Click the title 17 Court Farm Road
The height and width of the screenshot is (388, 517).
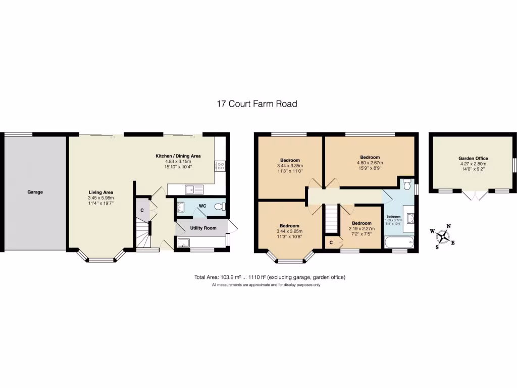[257, 104]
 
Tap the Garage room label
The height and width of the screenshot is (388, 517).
[35, 192]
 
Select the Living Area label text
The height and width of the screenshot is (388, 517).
[101, 192]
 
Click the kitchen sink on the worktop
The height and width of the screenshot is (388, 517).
[194, 189]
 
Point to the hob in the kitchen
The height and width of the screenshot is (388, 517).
[220, 167]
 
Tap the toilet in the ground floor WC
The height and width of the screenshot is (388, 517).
[219, 207]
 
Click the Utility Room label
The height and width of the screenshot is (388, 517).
[203, 228]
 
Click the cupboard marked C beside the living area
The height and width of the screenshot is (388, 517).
[142, 210]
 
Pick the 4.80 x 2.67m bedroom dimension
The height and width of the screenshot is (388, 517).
[370, 163]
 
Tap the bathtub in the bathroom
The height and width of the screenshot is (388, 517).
[399, 244]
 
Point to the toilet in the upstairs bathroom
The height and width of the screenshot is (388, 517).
[407, 184]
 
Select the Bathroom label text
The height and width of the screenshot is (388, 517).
[393, 217]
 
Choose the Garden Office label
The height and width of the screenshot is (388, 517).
[473, 158]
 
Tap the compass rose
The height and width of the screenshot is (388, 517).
[443, 235]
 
